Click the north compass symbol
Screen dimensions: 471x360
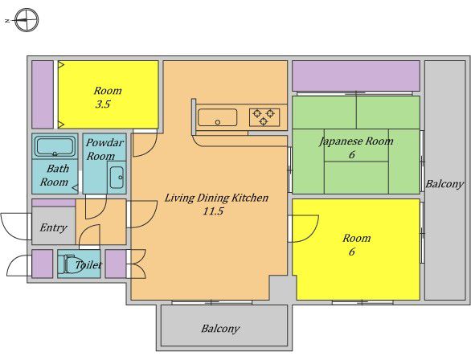tap(27, 20)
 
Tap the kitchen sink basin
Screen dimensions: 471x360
tap(218, 117)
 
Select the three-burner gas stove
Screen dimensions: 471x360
tap(264, 117)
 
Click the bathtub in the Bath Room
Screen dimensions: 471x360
tap(55, 146)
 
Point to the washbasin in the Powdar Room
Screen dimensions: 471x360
tap(117, 178)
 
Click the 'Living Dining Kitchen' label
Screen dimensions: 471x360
tap(216, 198)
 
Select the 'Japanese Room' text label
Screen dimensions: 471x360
tap(356, 141)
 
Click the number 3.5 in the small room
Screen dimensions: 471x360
tap(103, 104)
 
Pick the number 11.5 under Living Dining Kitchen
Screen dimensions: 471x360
tap(213, 211)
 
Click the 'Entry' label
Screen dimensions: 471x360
tap(53, 227)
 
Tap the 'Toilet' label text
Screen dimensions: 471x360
tap(88, 265)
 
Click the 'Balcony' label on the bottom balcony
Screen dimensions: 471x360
tap(220, 329)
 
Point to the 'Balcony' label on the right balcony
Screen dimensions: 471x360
tap(444, 184)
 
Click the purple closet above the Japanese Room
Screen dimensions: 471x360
tap(356, 76)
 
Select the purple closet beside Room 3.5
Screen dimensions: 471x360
tap(43, 95)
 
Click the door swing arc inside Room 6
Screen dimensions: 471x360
tap(313, 233)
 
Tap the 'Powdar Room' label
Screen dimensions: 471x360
tap(104, 149)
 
